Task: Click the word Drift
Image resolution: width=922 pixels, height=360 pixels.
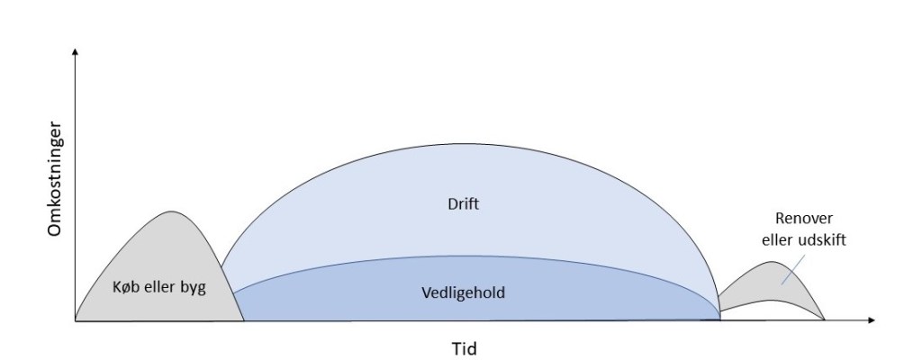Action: click(464, 204)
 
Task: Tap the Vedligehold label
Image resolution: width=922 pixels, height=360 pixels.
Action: click(464, 292)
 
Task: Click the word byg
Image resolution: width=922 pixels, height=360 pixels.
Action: click(194, 288)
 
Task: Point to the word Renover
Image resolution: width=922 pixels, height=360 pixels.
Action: click(804, 219)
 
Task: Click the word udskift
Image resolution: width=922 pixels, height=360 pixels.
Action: click(822, 240)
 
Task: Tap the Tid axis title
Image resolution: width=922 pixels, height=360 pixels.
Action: click(464, 349)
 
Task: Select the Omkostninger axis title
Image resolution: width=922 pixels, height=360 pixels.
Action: click(55, 179)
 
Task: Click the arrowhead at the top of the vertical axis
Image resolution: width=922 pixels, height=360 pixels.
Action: click(75, 52)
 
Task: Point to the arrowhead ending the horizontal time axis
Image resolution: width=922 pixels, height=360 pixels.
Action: click(872, 320)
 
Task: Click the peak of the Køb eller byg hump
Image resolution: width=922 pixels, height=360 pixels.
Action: click(171, 211)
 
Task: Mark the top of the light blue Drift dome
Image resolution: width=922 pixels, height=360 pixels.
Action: click(453, 144)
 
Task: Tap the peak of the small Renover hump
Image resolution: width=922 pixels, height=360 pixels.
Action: click(773, 262)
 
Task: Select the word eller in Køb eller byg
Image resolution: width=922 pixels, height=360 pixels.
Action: click(158, 287)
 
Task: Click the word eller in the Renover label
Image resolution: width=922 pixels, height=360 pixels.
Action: click(778, 240)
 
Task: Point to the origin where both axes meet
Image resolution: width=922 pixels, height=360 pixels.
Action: click(76, 320)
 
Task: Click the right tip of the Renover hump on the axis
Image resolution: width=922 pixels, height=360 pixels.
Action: click(825, 319)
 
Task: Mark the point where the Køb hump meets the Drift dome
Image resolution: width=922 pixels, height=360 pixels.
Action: click(221, 268)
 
